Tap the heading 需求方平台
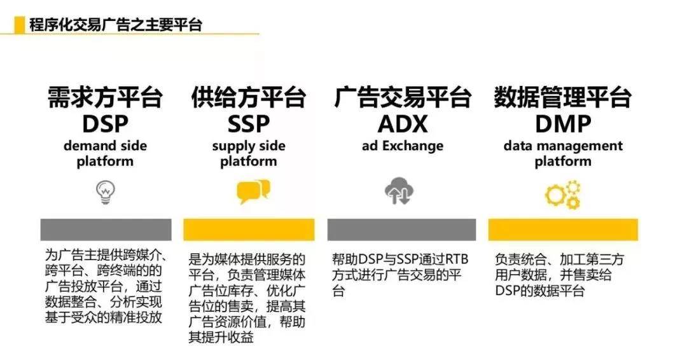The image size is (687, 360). click(x=105, y=98)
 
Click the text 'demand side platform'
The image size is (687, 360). click(x=105, y=153)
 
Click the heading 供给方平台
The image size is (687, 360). click(x=249, y=98)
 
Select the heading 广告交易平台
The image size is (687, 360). click(x=403, y=98)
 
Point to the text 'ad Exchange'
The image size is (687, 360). click(x=403, y=146)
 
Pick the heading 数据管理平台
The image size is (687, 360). click(x=563, y=98)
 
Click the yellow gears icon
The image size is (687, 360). click(x=563, y=195)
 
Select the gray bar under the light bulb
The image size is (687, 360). click(x=106, y=230)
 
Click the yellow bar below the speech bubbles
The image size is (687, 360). click(x=249, y=230)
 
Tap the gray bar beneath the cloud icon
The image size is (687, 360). click(x=401, y=230)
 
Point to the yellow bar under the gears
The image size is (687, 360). click(x=563, y=230)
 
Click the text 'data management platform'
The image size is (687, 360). click(x=563, y=153)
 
